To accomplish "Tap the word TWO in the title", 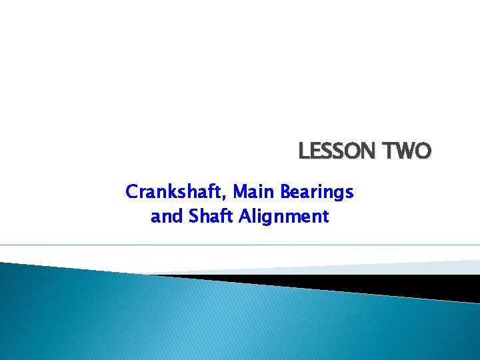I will (408, 152).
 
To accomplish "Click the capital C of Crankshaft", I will (131, 193).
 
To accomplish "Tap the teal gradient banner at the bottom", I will (200, 320).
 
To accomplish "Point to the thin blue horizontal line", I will (240, 245).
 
